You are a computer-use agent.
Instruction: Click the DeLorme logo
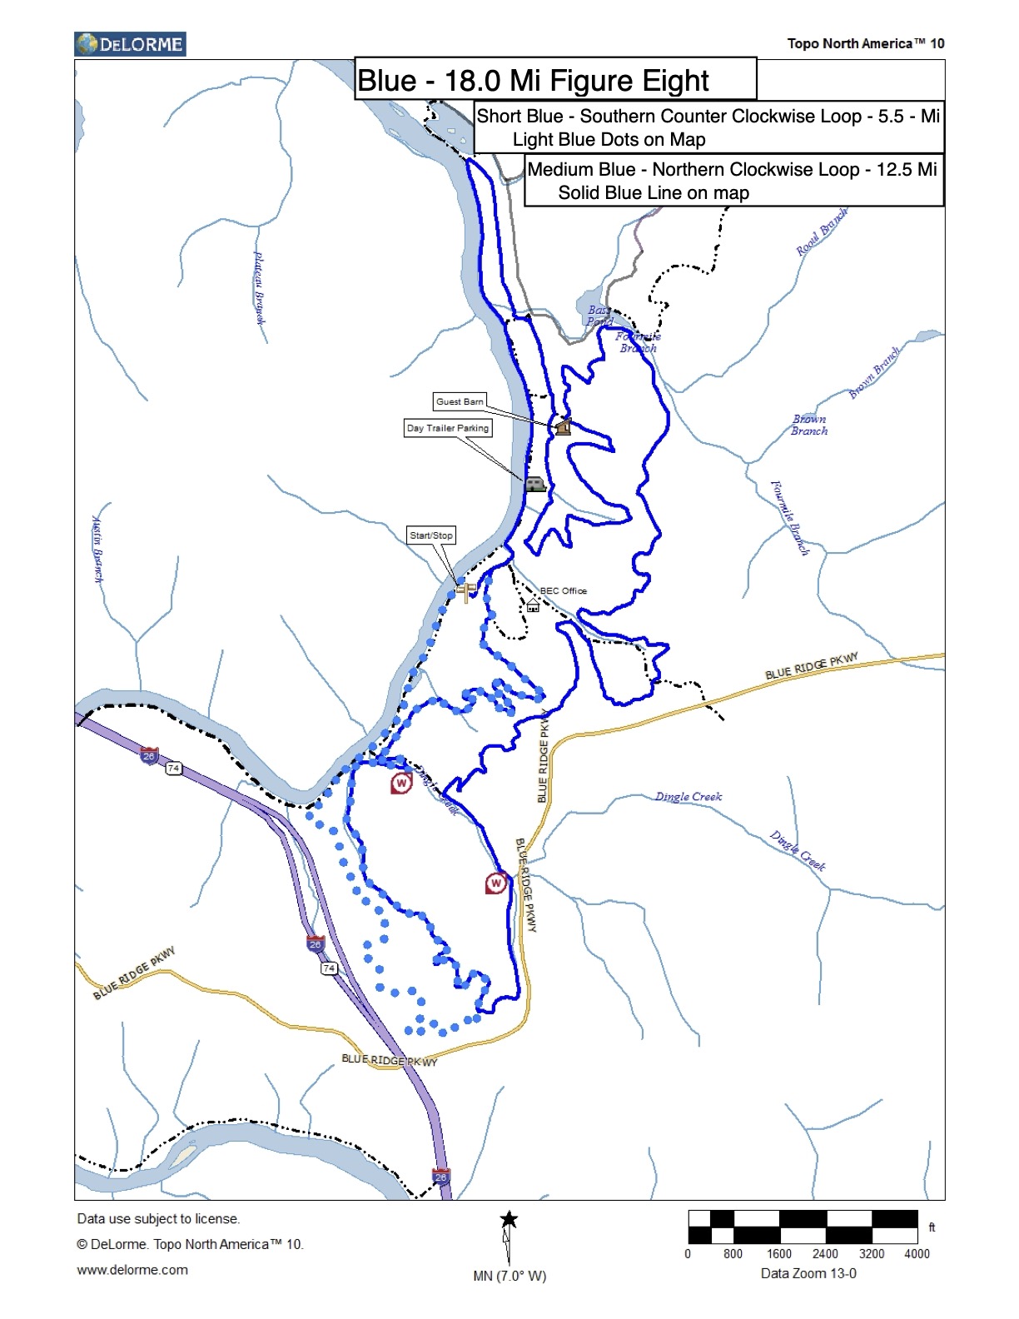click(130, 44)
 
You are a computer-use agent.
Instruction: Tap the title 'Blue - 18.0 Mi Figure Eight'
click(533, 81)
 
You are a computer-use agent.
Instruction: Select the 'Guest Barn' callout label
click(460, 401)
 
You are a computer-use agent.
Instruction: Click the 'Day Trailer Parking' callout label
click(448, 428)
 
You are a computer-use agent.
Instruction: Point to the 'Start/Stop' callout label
click(431, 535)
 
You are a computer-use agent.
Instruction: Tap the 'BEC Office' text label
click(564, 590)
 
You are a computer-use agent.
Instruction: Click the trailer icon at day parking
click(534, 483)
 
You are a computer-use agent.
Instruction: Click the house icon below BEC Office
click(533, 605)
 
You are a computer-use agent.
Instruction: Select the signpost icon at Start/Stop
click(467, 592)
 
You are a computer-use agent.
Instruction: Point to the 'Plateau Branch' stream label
click(260, 288)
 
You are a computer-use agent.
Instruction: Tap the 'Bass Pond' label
click(599, 316)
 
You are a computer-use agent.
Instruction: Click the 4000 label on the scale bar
click(917, 1254)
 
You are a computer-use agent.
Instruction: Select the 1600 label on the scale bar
click(779, 1254)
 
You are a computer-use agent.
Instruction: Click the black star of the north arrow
click(509, 1220)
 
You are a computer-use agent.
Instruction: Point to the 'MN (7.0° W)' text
click(509, 1276)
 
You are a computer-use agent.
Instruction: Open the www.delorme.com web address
click(132, 1270)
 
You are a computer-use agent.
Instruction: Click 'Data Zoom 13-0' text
click(808, 1273)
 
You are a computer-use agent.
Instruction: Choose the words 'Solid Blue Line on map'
click(654, 193)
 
